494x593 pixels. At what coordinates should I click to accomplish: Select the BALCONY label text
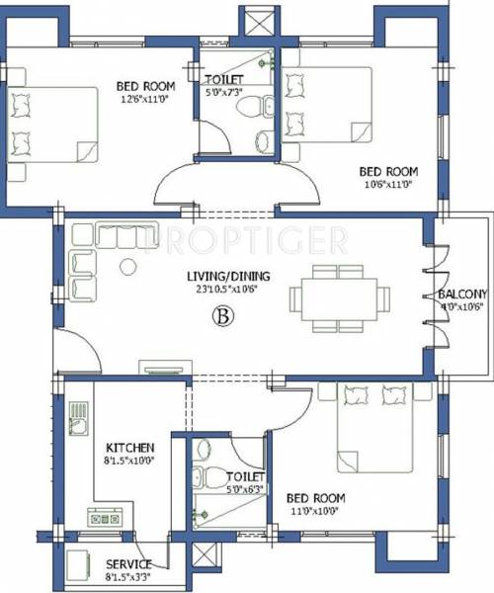click(462, 295)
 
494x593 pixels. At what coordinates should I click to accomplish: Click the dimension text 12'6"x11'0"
click(145, 99)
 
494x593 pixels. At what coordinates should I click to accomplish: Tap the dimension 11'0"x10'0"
click(313, 512)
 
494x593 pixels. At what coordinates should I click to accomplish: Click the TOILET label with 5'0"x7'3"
click(225, 79)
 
